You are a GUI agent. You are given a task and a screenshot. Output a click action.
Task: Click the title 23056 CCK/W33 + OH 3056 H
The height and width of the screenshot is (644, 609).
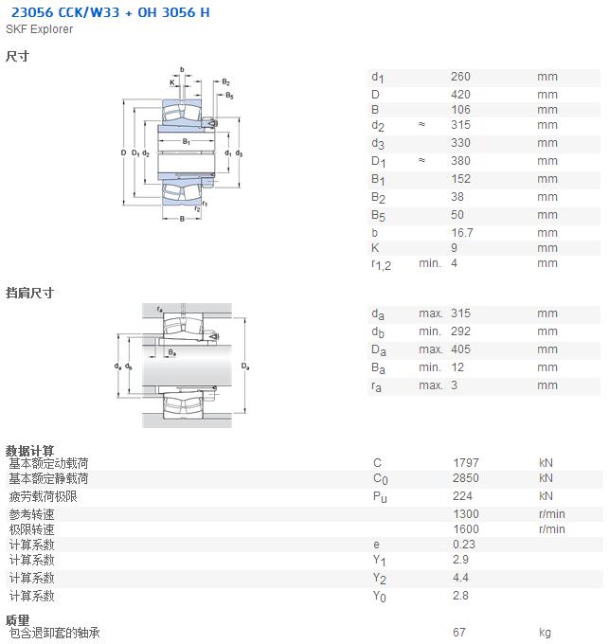[x=111, y=12]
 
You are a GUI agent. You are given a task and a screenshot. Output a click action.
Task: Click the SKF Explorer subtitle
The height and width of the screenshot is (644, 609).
[x=40, y=29]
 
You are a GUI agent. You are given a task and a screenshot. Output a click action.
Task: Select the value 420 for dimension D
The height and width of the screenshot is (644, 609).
[x=460, y=95]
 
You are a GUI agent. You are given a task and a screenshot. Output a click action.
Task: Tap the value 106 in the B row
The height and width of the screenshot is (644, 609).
[x=460, y=110]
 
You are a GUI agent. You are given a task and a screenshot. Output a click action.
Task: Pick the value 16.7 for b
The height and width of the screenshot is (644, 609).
[x=462, y=233]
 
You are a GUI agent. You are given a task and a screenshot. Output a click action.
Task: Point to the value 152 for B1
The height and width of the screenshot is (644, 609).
[x=460, y=179]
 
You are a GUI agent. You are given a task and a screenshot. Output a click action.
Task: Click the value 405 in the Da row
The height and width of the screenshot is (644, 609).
[x=460, y=349]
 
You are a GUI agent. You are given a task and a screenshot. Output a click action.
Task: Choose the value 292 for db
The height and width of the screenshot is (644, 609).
[x=460, y=331]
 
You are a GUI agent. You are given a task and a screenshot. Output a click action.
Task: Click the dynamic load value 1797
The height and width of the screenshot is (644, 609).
[x=466, y=463]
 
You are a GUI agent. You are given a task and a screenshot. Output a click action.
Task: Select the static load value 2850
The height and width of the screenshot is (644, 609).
[x=466, y=478]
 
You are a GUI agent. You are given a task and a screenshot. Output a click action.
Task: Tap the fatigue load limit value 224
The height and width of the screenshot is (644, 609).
[x=462, y=496]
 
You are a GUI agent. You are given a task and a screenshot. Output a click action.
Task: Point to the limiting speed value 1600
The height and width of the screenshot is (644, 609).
[x=466, y=529]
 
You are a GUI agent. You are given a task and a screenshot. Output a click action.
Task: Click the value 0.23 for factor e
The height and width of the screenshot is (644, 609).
[x=464, y=545]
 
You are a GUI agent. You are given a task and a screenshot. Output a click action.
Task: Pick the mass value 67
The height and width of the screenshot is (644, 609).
[x=459, y=633]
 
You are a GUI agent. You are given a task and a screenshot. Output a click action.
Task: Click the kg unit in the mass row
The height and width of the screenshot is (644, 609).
[x=545, y=633]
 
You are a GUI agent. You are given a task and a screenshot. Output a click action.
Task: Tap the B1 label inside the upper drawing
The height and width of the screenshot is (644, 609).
[x=187, y=142]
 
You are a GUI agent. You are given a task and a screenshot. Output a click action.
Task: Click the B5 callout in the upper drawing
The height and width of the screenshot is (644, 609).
[x=229, y=96]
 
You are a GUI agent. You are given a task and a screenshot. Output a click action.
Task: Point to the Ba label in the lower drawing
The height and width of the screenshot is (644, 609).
[x=172, y=353]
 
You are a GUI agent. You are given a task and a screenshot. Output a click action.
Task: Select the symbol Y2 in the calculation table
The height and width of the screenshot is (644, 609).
[x=380, y=579]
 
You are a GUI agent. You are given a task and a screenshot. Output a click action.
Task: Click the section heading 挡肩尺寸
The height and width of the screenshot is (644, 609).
[x=29, y=293]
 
